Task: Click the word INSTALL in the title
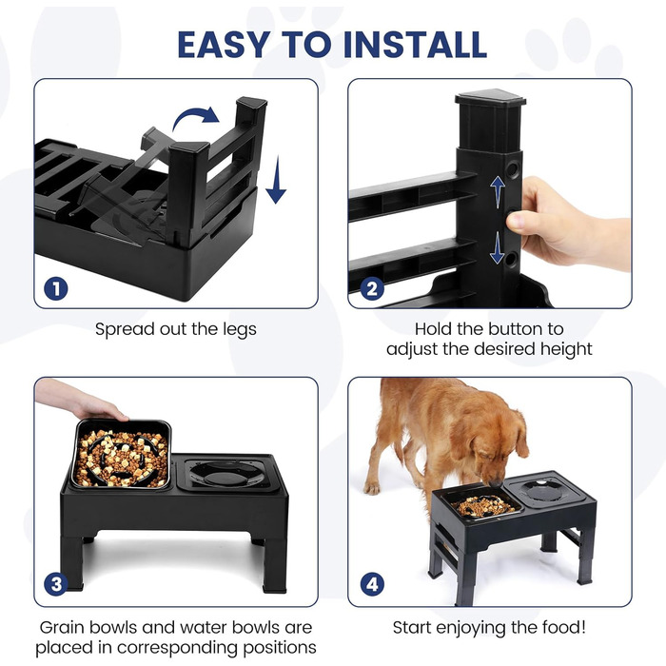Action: point(415,44)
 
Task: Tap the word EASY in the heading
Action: point(224,44)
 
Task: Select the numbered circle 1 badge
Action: point(56,289)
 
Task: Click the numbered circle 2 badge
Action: point(372,289)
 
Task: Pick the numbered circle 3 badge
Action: point(56,584)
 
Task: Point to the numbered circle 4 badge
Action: point(372,584)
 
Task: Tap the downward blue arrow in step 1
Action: point(276,180)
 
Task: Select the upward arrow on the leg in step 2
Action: point(498,192)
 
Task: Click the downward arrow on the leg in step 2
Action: point(497,248)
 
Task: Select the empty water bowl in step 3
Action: point(227,473)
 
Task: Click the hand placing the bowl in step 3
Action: point(81,401)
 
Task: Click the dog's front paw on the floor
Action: point(372,488)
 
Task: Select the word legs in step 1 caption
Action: point(240,330)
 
